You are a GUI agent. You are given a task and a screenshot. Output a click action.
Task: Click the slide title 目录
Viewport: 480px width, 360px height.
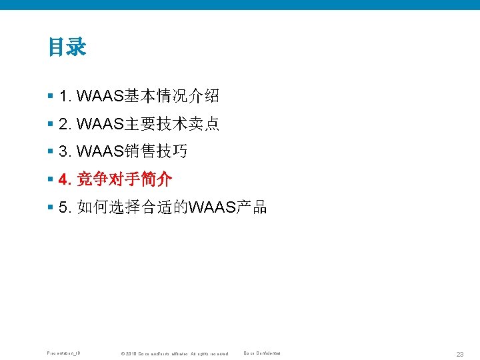click(x=67, y=47)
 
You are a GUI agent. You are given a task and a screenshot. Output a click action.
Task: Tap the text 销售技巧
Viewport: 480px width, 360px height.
click(x=156, y=152)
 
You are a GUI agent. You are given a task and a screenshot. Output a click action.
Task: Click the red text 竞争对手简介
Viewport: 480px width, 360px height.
click(x=125, y=179)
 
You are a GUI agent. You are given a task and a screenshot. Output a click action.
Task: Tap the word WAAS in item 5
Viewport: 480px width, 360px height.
click(x=212, y=207)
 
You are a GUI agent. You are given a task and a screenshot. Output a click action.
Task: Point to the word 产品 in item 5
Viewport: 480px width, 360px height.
click(x=251, y=207)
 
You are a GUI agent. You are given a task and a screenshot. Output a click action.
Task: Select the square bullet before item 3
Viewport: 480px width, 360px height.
click(x=51, y=152)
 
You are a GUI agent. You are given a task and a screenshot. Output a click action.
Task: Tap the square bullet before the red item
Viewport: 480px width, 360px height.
click(x=51, y=179)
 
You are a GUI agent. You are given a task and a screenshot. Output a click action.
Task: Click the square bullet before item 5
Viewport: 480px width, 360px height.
click(x=51, y=207)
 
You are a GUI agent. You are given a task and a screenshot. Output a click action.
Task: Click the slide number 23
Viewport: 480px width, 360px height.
click(x=459, y=353)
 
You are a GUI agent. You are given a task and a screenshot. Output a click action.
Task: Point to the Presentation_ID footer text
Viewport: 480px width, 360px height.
click(x=64, y=353)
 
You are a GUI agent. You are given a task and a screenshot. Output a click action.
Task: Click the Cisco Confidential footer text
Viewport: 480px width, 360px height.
click(x=262, y=353)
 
